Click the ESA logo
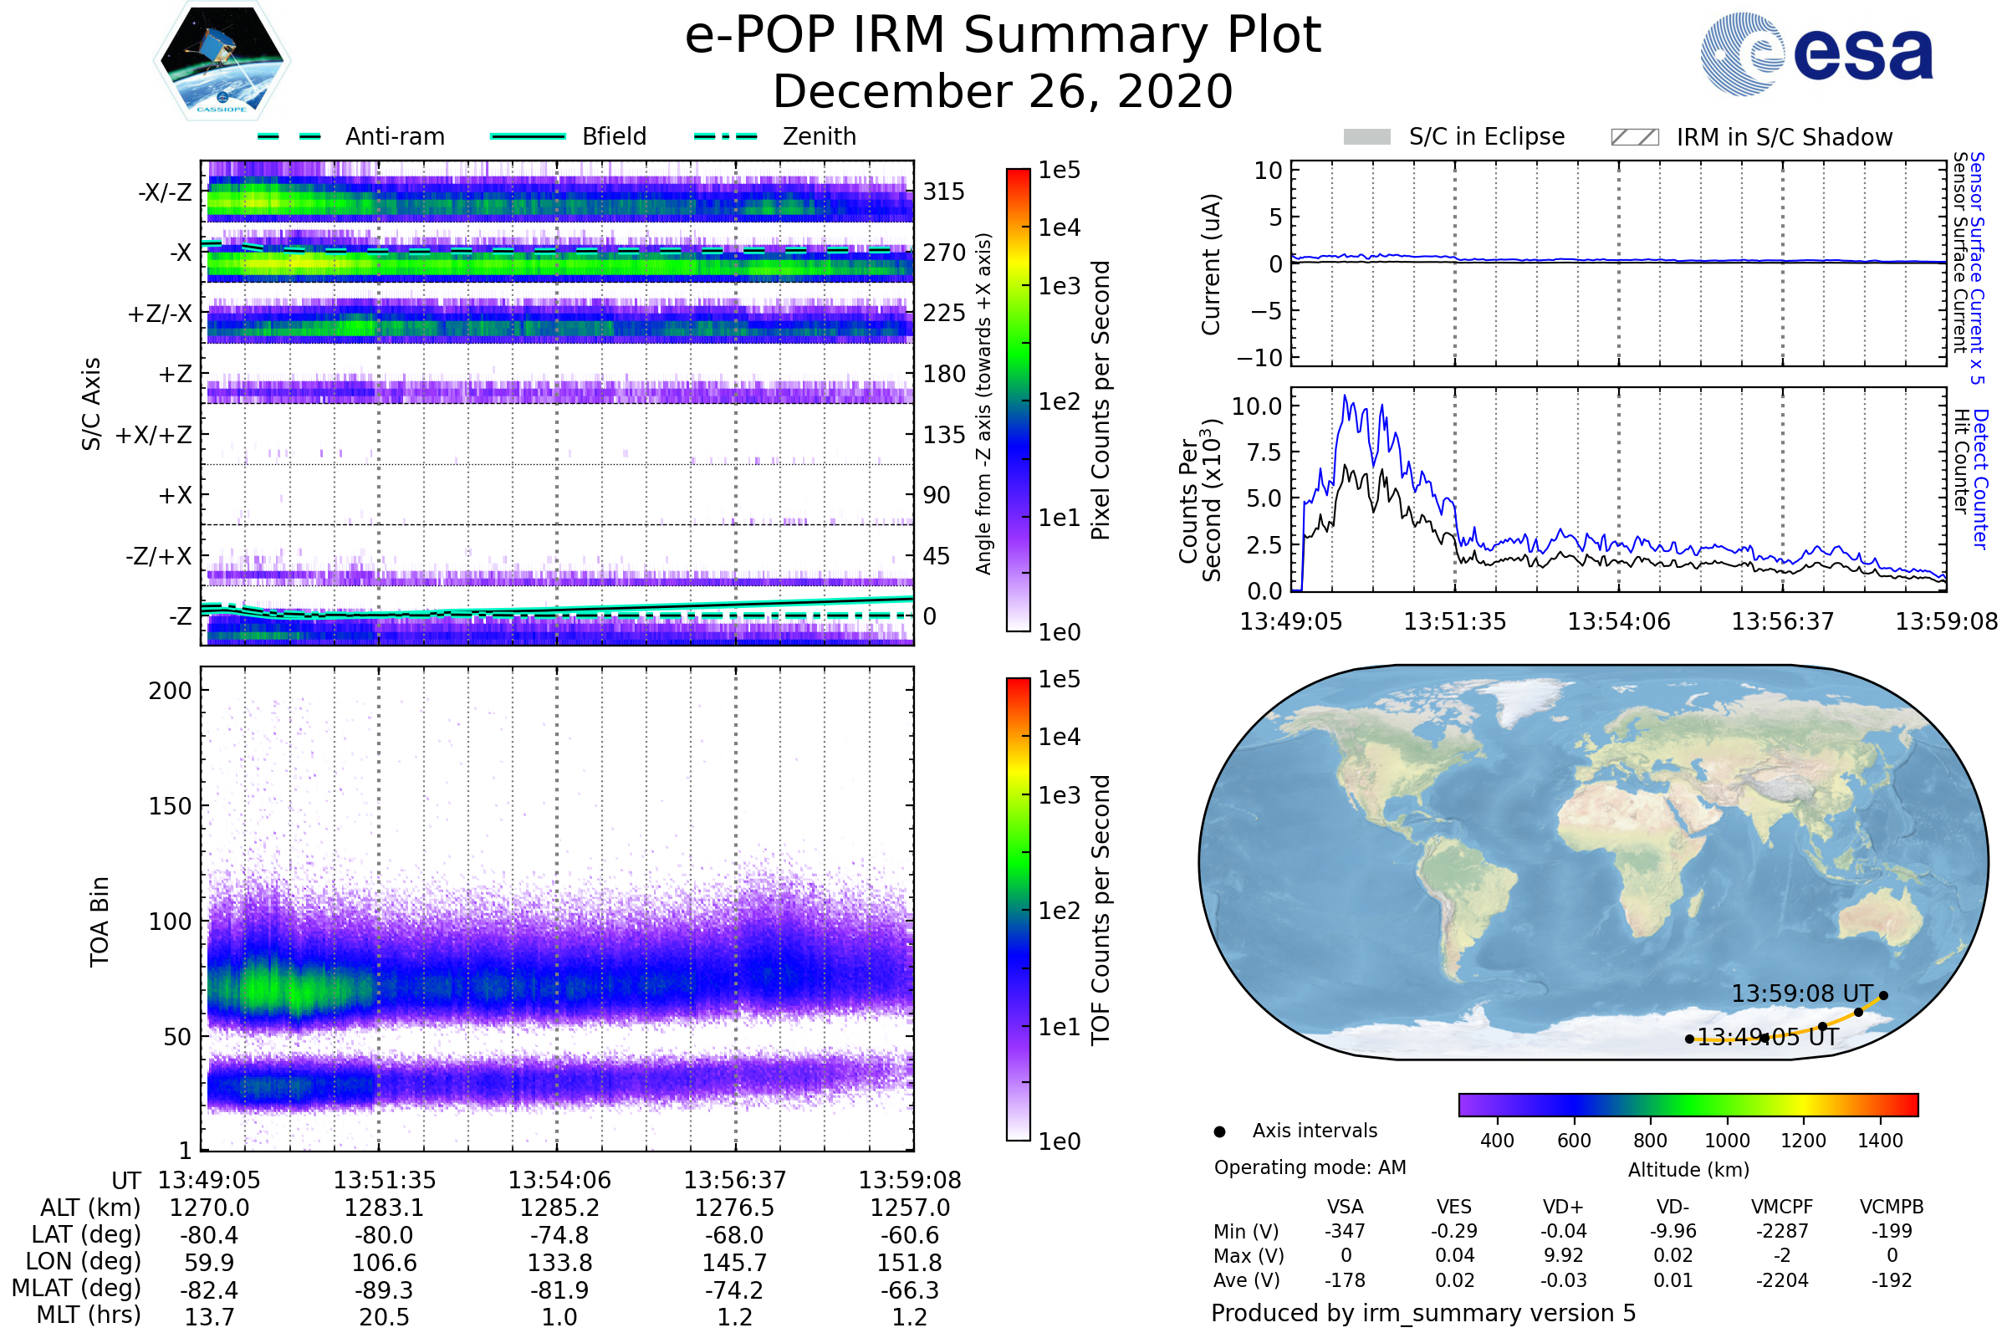click(1816, 53)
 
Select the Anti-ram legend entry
click(394, 136)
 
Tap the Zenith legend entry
click(819, 136)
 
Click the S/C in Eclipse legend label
click(1487, 136)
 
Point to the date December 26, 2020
click(1003, 91)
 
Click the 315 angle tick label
click(944, 192)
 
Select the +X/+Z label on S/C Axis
click(154, 435)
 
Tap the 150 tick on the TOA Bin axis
click(170, 806)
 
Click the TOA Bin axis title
click(100, 921)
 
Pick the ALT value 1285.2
click(559, 1208)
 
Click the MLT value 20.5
click(384, 1316)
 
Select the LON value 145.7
click(735, 1262)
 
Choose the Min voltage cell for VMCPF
click(1782, 1231)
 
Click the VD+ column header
click(1563, 1207)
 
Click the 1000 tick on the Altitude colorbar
click(1727, 1141)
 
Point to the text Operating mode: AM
click(1310, 1167)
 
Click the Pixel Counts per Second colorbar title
click(1101, 401)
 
